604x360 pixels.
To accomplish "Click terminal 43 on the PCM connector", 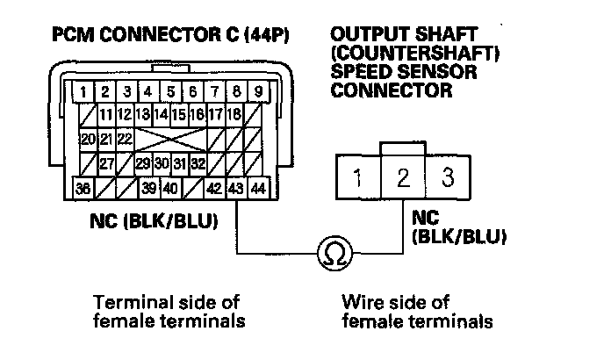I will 235,188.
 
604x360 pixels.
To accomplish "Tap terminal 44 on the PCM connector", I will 258,188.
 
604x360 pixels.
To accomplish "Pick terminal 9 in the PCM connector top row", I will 258,90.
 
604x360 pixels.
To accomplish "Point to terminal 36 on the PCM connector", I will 83,188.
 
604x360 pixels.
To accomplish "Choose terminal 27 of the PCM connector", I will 106,163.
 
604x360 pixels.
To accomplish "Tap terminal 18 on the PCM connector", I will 234,114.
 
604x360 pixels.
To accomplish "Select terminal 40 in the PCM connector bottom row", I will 170,188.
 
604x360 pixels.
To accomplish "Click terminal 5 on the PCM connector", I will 169,90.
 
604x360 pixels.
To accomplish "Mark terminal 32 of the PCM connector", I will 198,163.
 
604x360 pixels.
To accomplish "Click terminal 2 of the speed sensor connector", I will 403,179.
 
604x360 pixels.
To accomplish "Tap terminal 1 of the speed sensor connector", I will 358,180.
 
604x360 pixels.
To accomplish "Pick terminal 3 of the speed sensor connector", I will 447,179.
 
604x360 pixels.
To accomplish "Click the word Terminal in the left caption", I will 125,303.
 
